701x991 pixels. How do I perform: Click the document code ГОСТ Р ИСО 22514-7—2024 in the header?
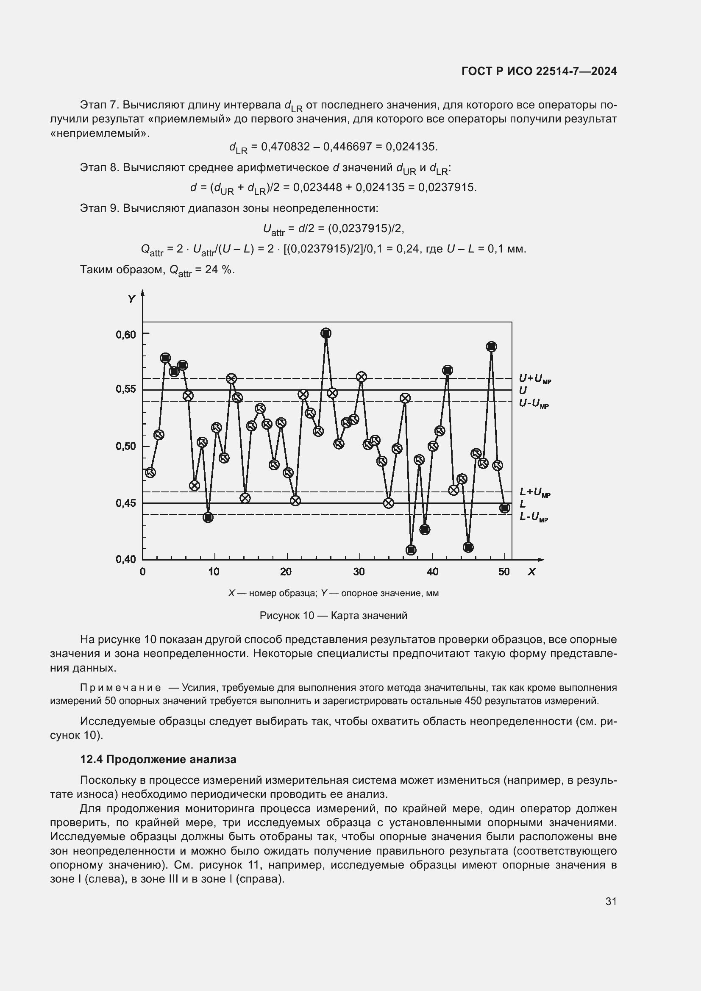point(539,71)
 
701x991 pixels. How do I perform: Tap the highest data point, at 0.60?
point(326,333)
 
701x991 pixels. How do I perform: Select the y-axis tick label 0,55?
point(125,389)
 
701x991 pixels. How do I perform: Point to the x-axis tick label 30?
point(359,572)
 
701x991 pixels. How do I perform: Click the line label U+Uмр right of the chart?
point(534,378)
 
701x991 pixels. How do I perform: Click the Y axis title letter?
point(132,299)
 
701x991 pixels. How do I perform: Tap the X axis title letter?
point(531,572)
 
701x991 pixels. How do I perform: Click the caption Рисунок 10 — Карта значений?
point(333,616)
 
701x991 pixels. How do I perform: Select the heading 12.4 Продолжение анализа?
point(158,760)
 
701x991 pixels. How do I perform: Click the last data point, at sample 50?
point(505,508)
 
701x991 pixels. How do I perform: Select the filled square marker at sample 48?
point(491,347)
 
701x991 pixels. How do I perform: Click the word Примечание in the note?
point(120,688)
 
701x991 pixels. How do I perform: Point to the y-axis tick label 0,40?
point(125,559)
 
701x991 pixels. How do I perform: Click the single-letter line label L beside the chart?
point(523,504)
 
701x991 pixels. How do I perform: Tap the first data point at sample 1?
point(150,473)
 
